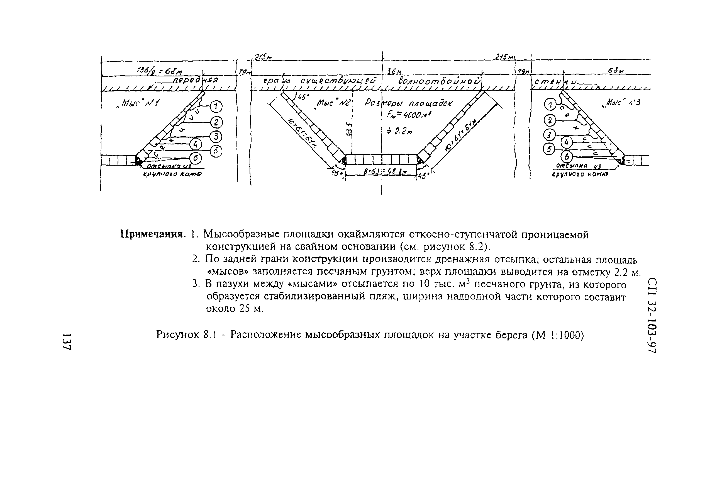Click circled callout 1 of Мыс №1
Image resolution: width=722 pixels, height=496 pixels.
click(x=216, y=107)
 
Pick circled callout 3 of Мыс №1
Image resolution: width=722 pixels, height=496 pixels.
click(x=216, y=137)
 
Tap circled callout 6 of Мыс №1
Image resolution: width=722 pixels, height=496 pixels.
click(x=196, y=159)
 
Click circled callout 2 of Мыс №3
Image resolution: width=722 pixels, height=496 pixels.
click(x=550, y=120)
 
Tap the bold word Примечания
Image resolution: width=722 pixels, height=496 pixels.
click(x=153, y=234)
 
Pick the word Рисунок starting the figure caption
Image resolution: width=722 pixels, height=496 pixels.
click(x=178, y=335)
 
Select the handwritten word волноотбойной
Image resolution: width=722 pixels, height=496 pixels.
click(x=439, y=81)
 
